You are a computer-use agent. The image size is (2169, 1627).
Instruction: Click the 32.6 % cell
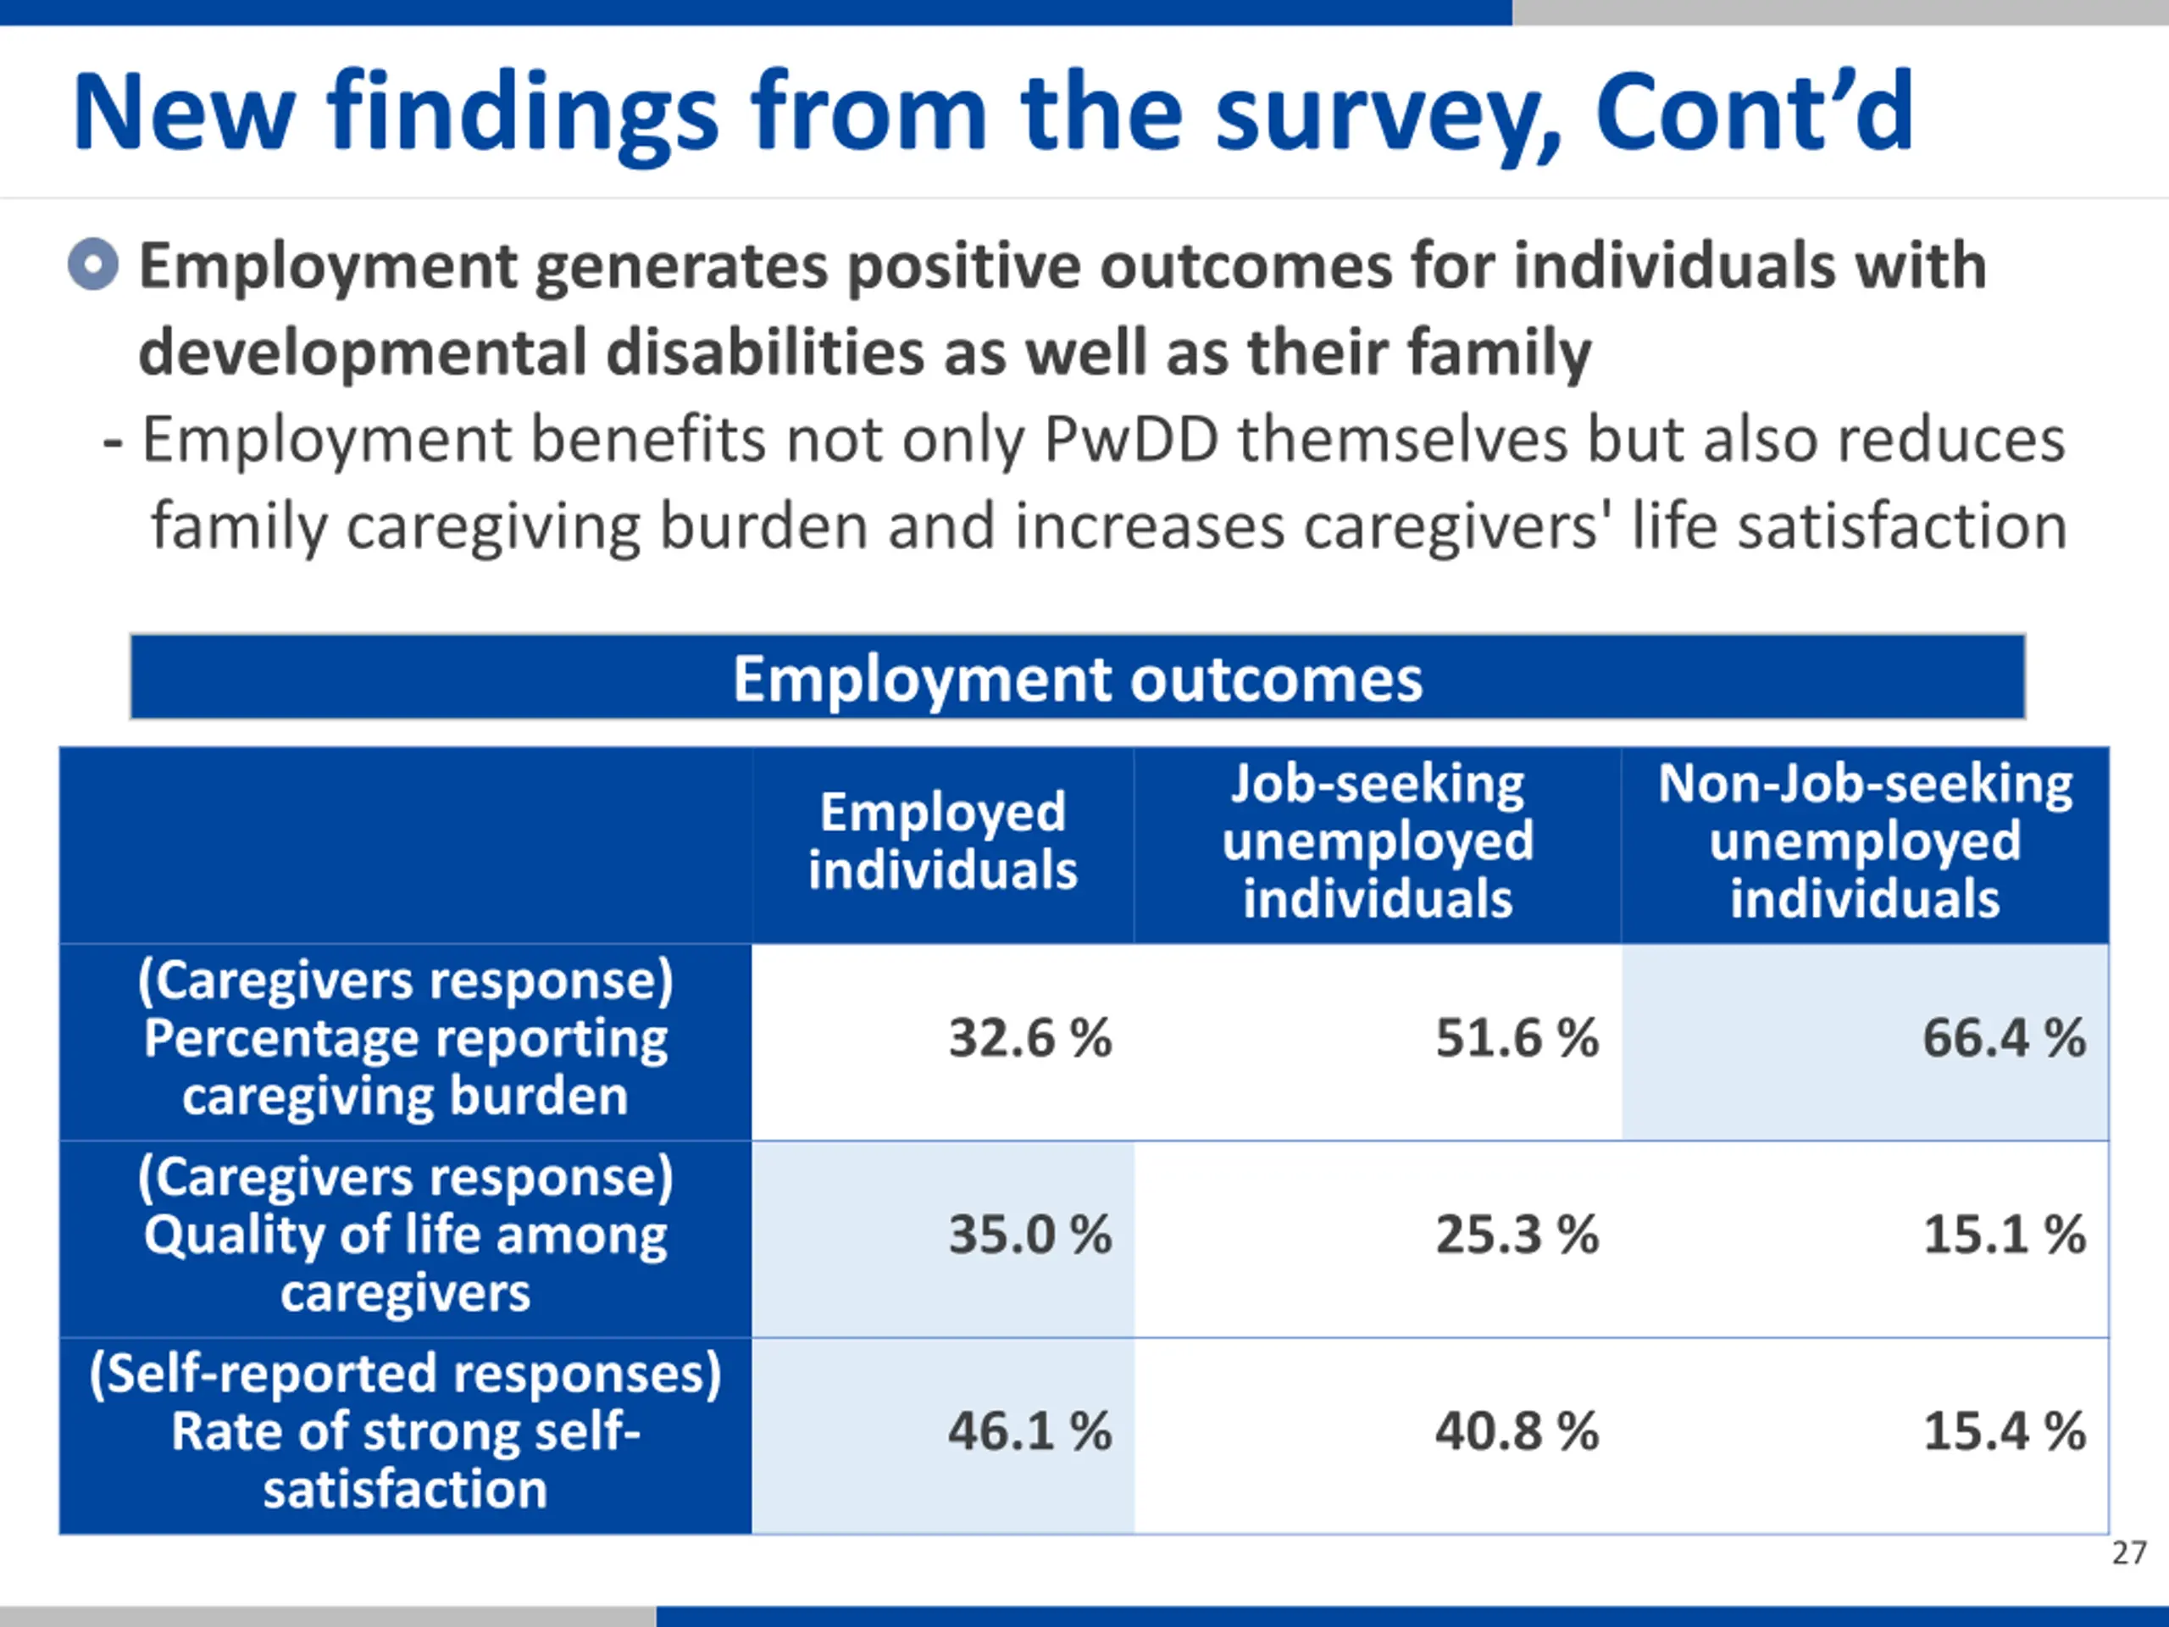coord(1029,1039)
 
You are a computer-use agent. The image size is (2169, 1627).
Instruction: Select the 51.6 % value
coord(1516,1039)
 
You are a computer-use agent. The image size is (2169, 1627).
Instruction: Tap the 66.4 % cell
coord(2003,1039)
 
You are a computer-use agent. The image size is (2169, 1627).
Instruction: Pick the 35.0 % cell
coord(1029,1235)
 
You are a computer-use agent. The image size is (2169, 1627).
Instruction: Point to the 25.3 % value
coord(1516,1235)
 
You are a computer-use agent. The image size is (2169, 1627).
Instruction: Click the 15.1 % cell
coord(2003,1235)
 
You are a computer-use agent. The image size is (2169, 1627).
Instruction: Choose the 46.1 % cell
coord(1029,1432)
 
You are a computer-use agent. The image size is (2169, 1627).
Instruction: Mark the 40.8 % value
coord(1516,1432)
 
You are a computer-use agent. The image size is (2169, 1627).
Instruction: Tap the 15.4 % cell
coord(2003,1432)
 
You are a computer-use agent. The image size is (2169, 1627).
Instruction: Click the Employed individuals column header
coord(942,841)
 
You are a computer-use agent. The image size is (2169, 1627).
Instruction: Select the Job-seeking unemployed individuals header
coord(1377,841)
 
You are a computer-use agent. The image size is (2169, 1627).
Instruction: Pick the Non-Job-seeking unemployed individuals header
coord(1864,841)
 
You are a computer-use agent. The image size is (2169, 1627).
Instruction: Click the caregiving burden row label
coord(405,1039)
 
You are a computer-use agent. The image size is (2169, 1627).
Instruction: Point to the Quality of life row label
coord(405,1235)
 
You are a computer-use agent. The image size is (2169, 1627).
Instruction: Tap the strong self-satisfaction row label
coord(405,1432)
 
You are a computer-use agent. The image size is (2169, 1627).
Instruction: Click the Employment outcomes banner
coord(1077,678)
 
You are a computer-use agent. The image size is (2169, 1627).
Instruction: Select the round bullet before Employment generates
coord(93,264)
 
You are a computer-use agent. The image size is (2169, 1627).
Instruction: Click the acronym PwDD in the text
coord(1129,441)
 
